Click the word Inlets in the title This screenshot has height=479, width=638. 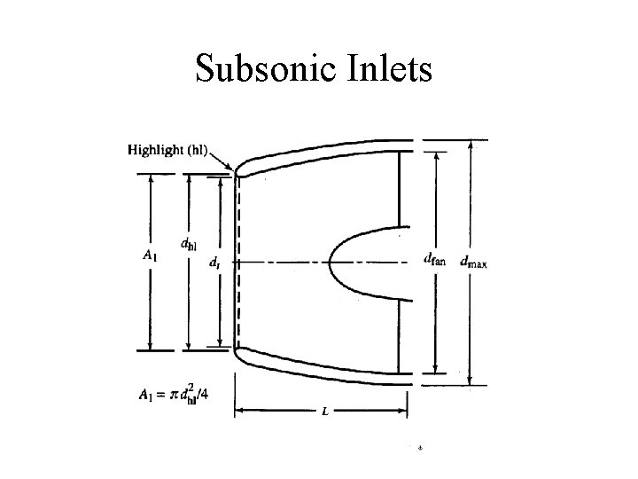[x=385, y=69]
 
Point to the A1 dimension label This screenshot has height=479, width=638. [x=151, y=256]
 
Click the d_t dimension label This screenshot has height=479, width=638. [x=215, y=263]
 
